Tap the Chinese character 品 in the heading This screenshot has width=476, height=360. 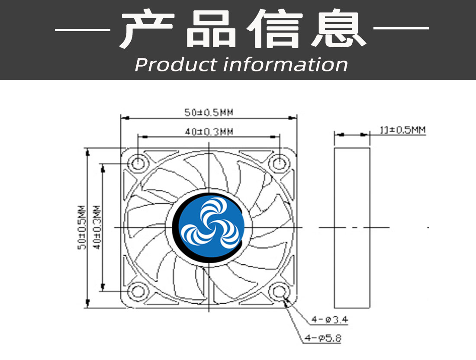click(211, 29)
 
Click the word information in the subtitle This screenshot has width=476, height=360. click(286, 64)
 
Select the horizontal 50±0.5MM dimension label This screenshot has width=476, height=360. click(209, 112)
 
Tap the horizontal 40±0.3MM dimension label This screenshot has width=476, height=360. click(209, 132)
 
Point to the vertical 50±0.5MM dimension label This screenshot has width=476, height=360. click(82, 228)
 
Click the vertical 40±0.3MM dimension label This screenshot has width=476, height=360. click(97, 228)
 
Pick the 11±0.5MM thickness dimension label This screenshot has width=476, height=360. click(402, 130)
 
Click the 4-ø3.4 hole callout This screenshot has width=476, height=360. click(330, 319)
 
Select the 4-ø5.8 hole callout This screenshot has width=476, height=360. click(323, 338)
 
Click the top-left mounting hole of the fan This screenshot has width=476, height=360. click(138, 164)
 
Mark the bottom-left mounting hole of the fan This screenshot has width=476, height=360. click(138, 292)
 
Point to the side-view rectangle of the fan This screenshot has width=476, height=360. click(352, 228)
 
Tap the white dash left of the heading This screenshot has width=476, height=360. click(82, 30)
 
